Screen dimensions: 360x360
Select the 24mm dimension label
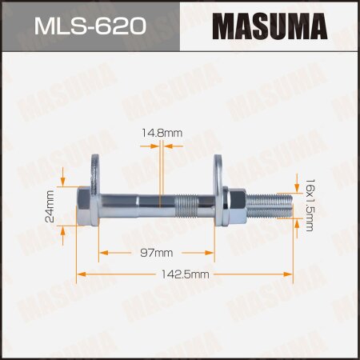[50, 206]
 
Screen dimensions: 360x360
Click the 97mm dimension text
[157, 253]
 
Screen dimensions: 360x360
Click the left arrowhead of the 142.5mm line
[79, 274]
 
